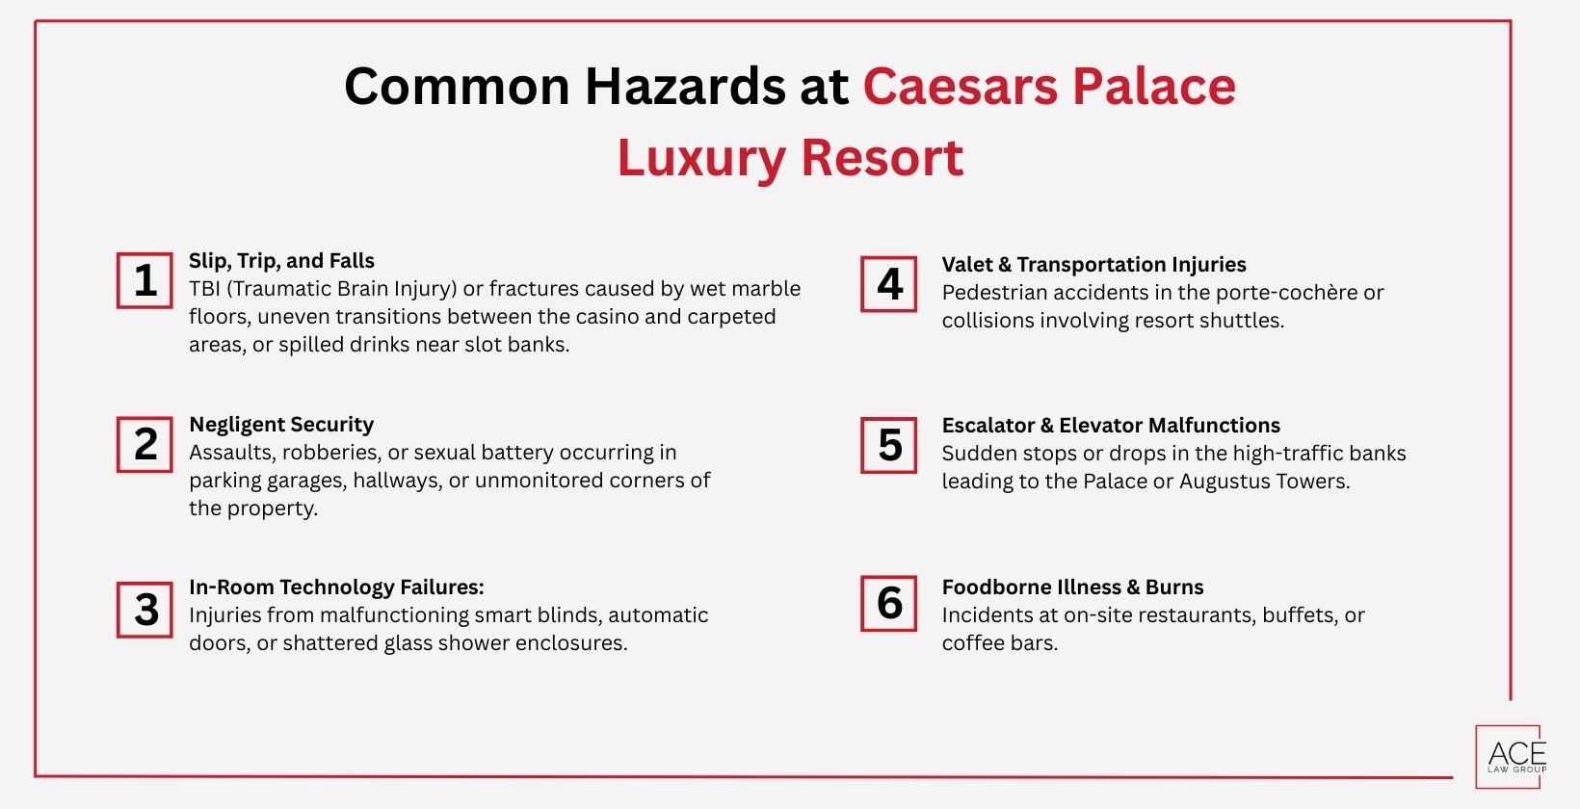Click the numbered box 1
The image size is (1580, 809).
coord(145,280)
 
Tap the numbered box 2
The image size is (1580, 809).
coord(145,444)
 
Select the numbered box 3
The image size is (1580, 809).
coord(145,609)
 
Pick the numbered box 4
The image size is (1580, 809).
coord(888,284)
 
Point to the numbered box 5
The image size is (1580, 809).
coord(888,445)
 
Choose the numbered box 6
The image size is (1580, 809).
coord(888,603)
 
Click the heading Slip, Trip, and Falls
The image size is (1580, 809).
coord(281,261)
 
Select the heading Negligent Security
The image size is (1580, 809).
coord(281,425)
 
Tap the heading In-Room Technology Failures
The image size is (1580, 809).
coord(336,587)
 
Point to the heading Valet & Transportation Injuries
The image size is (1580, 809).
coord(1093,265)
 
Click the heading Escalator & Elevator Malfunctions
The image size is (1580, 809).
coord(1111,426)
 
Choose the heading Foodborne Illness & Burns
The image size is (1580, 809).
coord(1072,587)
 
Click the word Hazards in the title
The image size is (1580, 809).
coord(685,87)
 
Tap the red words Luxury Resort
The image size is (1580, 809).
coord(790,158)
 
